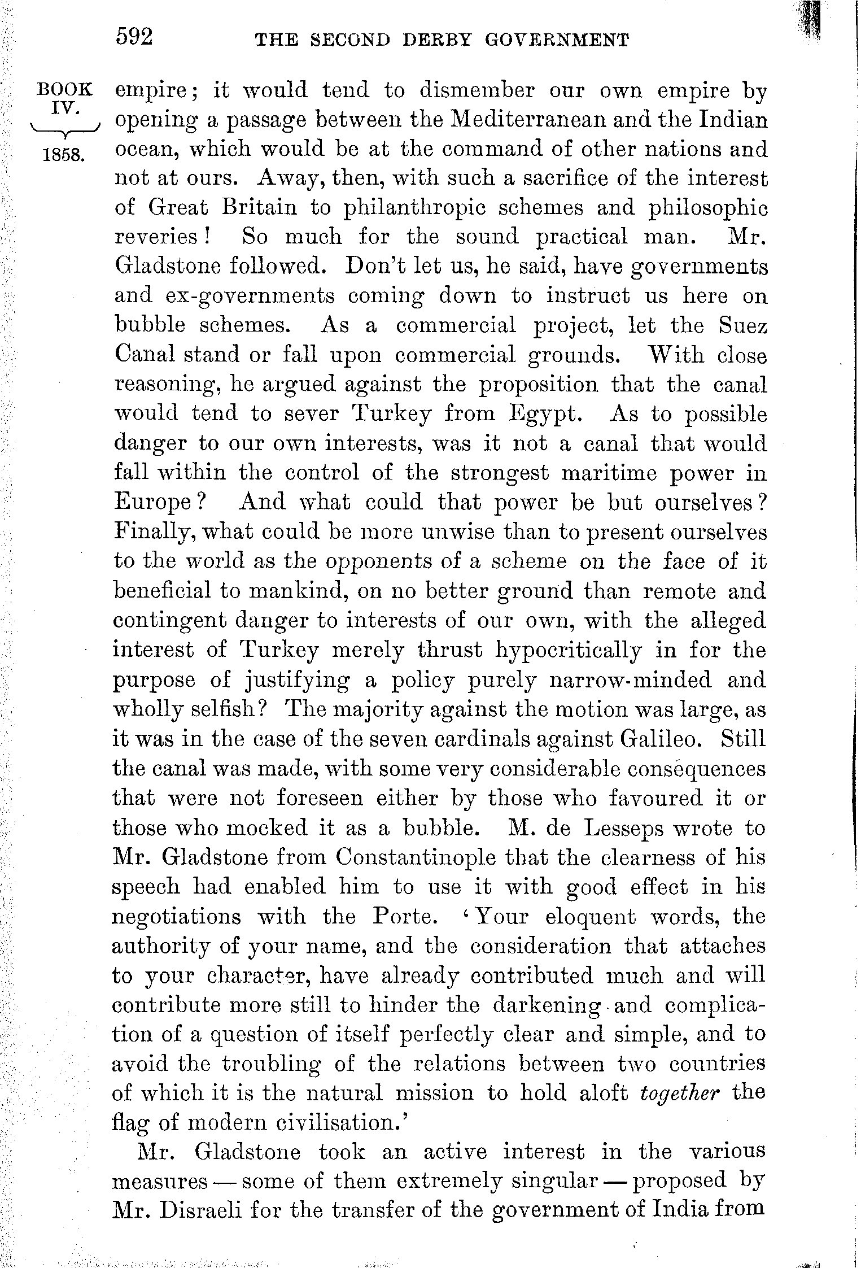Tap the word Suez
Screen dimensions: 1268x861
click(743, 326)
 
